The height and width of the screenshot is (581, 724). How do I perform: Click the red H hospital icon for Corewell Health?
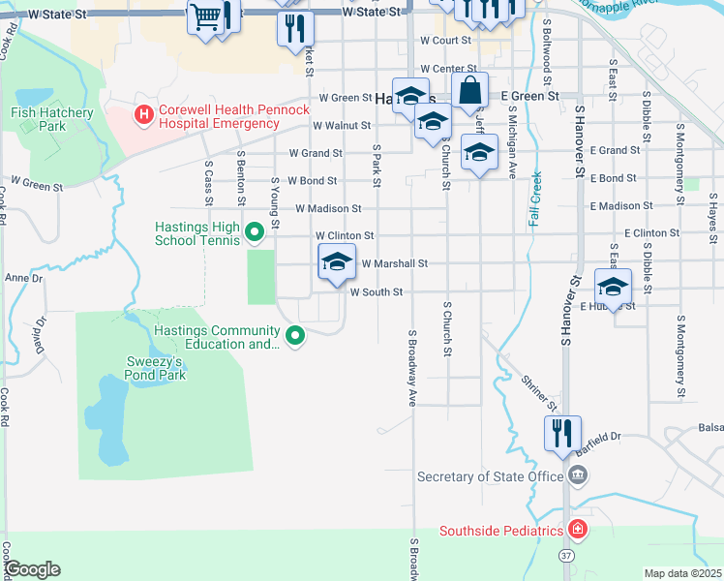click(144, 116)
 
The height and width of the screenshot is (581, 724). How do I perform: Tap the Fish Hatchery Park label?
click(51, 120)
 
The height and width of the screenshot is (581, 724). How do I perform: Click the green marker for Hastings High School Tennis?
click(255, 231)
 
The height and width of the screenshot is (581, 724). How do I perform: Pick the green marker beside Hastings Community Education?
click(296, 336)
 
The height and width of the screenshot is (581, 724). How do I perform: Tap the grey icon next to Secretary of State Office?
click(578, 475)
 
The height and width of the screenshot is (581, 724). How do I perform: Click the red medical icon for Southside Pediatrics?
click(577, 530)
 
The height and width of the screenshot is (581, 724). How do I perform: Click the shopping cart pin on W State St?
click(205, 17)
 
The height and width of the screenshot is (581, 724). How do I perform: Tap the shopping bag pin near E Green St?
click(469, 92)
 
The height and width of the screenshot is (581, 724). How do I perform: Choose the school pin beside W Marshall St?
click(337, 263)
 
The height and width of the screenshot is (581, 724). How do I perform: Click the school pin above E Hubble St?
click(613, 287)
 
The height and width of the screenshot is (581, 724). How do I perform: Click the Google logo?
click(31, 569)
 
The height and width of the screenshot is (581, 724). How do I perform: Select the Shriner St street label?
click(538, 391)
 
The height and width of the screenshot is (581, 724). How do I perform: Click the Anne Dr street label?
click(24, 278)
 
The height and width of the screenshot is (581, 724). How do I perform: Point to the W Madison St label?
click(328, 208)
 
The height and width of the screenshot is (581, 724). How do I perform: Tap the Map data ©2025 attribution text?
click(682, 573)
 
